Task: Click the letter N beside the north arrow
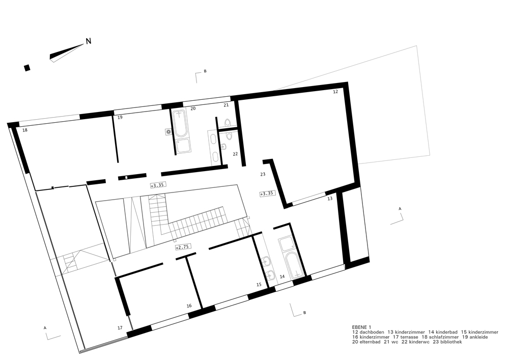[88, 42]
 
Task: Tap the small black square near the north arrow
[27, 67]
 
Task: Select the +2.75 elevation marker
[181, 247]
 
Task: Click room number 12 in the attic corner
[335, 92]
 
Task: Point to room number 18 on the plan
[25, 131]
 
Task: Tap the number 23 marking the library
[263, 174]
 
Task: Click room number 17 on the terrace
[120, 328]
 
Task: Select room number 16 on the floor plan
[189, 306]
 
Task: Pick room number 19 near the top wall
[120, 118]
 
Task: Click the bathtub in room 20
[181, 124]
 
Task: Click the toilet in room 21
[228, 123]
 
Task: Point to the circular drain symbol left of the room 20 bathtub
[168, 132]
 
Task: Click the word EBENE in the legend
[359, 327]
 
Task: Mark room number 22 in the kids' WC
[236, 154]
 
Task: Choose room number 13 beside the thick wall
[330, 199]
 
